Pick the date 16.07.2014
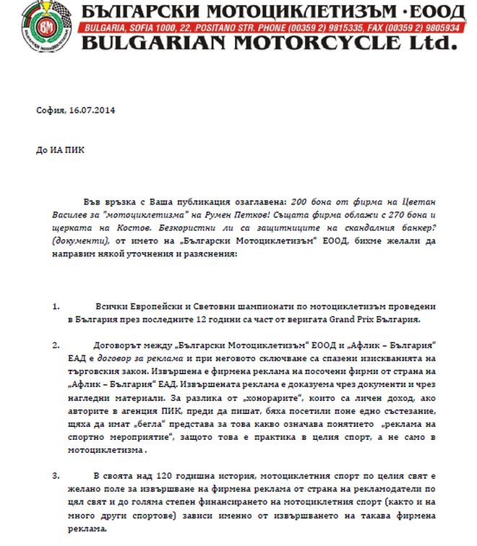point(93,110)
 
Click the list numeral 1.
point(56,306)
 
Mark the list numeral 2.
point(56,344)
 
